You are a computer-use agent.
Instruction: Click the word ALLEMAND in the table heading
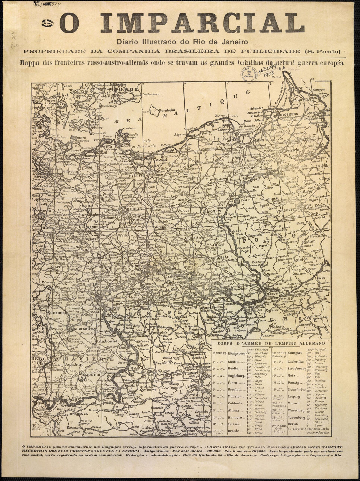tap(310, 343)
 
